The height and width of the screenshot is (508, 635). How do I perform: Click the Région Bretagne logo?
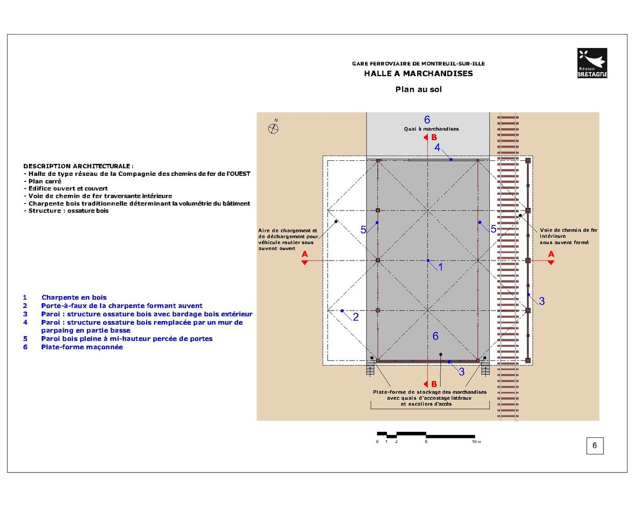click(x=592, y=63)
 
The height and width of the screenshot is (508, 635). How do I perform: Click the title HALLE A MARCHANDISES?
click(x=418, y=74)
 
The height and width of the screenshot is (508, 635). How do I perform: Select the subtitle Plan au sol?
click(x=418, y=90)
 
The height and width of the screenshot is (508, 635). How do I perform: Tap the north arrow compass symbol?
click(x=273, y=128)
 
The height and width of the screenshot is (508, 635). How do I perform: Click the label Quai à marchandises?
click(x=431, y=129)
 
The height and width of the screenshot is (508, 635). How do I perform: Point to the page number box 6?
click(x=594, y=445)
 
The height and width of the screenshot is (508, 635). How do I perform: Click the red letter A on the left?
click(x=304, y=255)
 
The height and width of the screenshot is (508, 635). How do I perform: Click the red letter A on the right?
click(x=551, y=255)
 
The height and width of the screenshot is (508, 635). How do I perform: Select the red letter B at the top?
click(x=434, y=137)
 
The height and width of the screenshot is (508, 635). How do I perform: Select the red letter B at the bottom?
click(x=434, y=384)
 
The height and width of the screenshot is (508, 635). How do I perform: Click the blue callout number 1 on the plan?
click(x=441, y=267)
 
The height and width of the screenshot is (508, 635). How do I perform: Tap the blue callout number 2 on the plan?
click(x=356, y=317)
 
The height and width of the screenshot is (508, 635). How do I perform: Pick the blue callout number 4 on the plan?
click(x=437, y=147)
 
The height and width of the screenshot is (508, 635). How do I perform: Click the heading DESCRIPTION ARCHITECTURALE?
click(x=78, y=166)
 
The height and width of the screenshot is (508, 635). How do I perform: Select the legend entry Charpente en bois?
click(x=74, y=298)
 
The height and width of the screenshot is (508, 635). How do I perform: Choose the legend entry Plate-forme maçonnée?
click(x=82, y=347)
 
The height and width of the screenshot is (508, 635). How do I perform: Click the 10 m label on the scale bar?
click(x=476, y=441)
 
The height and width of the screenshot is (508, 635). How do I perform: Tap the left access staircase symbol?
click(x=370, y=370)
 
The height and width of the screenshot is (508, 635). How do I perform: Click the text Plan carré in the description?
click(x=45, y=181)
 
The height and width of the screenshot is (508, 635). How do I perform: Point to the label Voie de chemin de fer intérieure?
click(x=568, y=236)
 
